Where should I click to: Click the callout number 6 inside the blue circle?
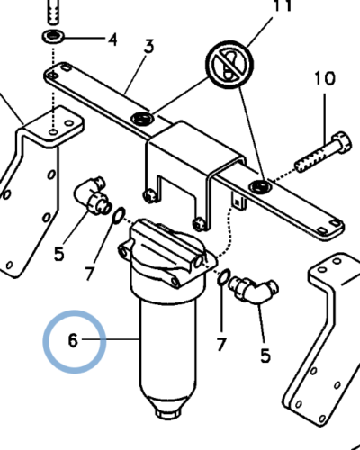coord(73,341)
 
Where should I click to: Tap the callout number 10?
coord(325,78)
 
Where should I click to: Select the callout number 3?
coord(148,46)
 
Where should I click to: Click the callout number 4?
coord(112,40)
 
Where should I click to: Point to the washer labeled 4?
coord(53,37)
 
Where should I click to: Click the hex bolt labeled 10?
coord(323,152)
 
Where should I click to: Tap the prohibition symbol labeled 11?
coord(229,65)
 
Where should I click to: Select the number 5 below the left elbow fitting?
coord(59,254)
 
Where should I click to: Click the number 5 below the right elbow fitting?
coord(265,355)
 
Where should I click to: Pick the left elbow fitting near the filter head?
coord(93,195)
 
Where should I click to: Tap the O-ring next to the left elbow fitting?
coord(119,215)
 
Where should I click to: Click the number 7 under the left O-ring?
coord(89,273)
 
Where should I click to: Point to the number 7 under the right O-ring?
coord(220,344)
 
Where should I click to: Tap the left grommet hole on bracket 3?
coord(142,119)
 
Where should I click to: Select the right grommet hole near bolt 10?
coord(261,187)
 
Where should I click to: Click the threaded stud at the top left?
coord(53,12)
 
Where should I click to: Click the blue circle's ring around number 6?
coord(44,342)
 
